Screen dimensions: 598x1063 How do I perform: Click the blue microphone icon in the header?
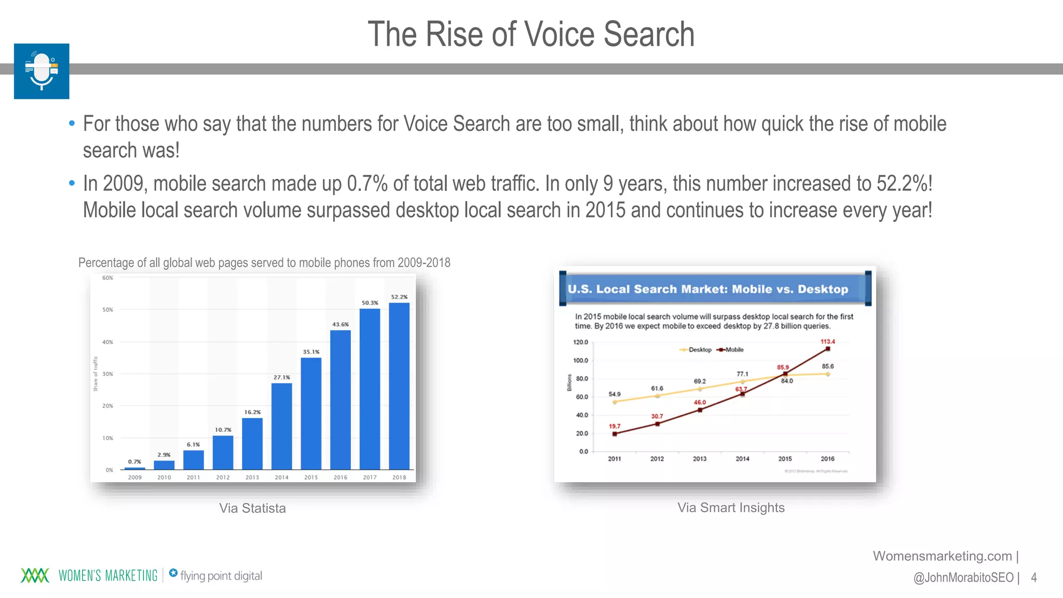click(42, 71)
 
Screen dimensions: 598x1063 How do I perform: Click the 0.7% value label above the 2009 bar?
click(134, 461)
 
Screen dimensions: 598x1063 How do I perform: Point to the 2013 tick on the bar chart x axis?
click(252, 477)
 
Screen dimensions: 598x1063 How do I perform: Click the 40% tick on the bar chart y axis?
click(107, 342)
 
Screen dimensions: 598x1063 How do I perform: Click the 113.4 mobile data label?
click(827, 342)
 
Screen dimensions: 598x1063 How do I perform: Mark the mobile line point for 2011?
click(615, 434)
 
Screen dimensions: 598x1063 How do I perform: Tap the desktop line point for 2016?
click(827, 374)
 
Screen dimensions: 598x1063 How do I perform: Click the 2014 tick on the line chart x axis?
click(742, 459)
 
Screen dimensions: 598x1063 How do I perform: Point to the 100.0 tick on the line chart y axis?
click(581, 360)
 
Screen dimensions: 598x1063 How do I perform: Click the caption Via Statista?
click(252, 508)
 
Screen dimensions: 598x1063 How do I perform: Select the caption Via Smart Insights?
click(731, 508)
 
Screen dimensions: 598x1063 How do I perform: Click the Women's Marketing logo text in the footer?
click(108, 576)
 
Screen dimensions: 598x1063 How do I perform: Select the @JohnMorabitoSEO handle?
click(963, 577)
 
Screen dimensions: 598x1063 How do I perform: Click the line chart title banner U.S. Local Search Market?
click(708, 289)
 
